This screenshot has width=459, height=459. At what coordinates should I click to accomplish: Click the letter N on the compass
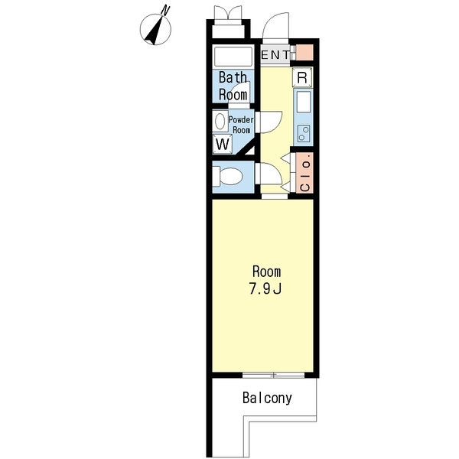[x=166, y=11]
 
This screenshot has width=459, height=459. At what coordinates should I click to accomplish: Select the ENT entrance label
[x=275, y=54]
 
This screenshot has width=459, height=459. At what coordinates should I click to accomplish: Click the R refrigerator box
[x=302, y=77]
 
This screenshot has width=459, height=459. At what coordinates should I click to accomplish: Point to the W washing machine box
[x=223, y=144]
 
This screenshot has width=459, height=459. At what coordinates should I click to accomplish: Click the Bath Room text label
[x=233, y=86]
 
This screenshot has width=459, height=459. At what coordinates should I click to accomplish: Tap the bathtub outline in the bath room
[x=233, y=57]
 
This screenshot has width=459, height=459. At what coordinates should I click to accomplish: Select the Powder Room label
[x=241, y=125]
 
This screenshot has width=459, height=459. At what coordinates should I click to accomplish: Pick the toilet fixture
[x=227, y=176]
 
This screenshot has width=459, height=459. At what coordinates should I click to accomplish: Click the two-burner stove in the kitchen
[x=304, y=133]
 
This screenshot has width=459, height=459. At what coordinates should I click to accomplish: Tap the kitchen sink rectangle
[x=304, y=103]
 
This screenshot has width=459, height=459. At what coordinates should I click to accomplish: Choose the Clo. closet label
[x=305, y=176]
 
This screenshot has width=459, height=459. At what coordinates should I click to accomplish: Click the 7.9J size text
[x=265, y=289]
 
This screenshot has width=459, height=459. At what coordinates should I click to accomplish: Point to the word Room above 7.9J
[x=266, y=272]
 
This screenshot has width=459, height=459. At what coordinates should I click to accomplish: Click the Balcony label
[x=267, y=398]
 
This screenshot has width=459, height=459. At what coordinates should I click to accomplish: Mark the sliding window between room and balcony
[x=274, y=375]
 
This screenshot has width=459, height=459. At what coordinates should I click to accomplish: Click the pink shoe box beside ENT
[x=304, y=53]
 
